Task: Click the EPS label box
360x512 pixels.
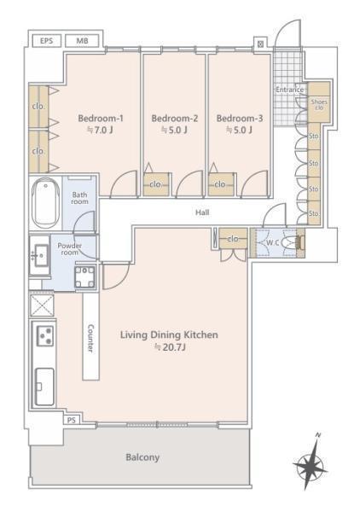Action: coord(46,41)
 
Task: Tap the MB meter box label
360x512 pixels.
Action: coord(82,41)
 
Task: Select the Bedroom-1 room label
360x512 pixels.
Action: coord(101,119)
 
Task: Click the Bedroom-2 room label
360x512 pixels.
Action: coord(175,119)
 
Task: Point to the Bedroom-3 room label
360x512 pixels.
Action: coord(239,119)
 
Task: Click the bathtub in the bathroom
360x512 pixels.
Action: coord(46,203)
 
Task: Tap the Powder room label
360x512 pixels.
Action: coord(69,249)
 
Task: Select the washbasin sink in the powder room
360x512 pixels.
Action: coord(39,255)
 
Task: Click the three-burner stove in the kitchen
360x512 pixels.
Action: coord(44,335)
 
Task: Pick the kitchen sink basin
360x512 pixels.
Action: coord(44,387)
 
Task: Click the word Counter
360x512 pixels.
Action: coord(90,338)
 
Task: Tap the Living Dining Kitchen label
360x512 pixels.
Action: coord(169,335)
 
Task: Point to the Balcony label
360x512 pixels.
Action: coord(142,457)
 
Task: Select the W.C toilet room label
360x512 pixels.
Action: coord(272,243)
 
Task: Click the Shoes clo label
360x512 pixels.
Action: coord(319,104)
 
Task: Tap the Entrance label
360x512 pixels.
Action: coord(290,90)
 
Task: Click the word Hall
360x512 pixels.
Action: coord(202,212)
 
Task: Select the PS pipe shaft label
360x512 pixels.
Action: coord(72,420)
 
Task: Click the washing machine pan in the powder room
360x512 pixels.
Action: coord(84,276)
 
